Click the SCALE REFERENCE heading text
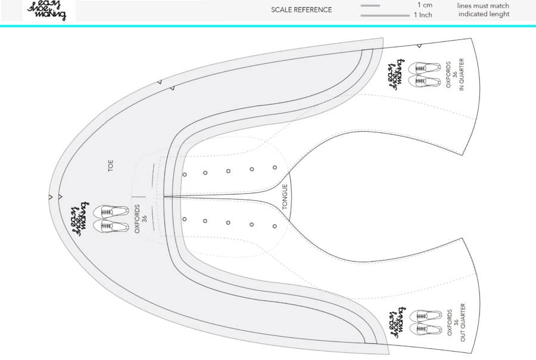click(x=301, y=10)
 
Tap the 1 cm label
click(x=425, y=5)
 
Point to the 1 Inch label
click(x=423, y=15)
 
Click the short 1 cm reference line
click(x=370, y=6)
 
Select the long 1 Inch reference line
click(x=385, y=15)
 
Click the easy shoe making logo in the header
click(x=46, y=10)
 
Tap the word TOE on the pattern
click(x=110, y=165)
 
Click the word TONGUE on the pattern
click(x=285, y=197)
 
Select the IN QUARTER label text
click(x=462, y=75)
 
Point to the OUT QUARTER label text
click(x=463, y=322)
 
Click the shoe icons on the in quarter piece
click(x=425, y=75)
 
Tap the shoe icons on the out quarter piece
click(x=425, y=322)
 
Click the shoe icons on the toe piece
click(x=110, y=219)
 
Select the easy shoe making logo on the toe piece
click(x=80, y=219)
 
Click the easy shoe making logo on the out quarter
click(x=397, y=322)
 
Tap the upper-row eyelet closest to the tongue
click(x=275, y=167)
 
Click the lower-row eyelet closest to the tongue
click(x=275, y=226)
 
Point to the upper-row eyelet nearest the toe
click(x=185, y=175)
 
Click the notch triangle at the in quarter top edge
click(x=419, y=46)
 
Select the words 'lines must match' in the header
click(x=483, y=6)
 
